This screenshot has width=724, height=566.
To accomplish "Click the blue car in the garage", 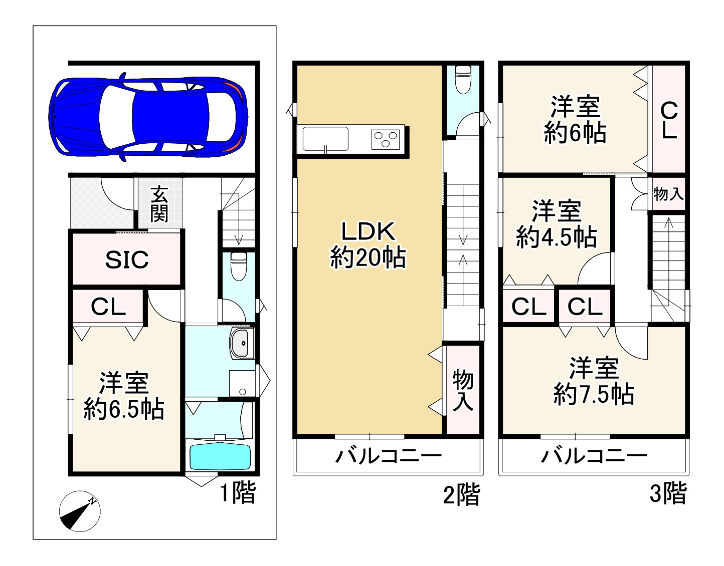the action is (148, 117).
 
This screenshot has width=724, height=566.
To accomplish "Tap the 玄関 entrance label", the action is (159, 204).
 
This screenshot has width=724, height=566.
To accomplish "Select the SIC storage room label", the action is (127, 259).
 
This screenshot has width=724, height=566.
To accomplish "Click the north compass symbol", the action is (80, 511).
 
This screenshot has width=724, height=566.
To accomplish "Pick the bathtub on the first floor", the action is (220, 456).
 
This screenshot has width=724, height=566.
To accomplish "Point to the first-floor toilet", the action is (239, 266).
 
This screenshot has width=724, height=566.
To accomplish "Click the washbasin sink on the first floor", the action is (241, 343).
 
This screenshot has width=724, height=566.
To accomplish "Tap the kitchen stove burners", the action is (386, 139).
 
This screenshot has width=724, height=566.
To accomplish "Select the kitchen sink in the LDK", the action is (325, 139).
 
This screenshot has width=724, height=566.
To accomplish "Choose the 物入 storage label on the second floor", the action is (463, 390).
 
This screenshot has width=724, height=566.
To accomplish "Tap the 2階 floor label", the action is (462, 494).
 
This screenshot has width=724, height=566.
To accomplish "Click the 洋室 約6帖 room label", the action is (576, 119).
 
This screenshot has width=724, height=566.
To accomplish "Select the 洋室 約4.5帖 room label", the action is (557, 223).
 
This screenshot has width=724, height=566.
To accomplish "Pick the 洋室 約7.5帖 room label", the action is (594, 381).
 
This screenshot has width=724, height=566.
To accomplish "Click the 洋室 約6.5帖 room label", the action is (124, 396).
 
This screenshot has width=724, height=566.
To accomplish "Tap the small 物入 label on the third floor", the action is (668, 194).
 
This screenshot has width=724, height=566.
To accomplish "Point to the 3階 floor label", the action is (668, 493).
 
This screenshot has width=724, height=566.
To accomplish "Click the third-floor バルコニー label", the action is (594, 455).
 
